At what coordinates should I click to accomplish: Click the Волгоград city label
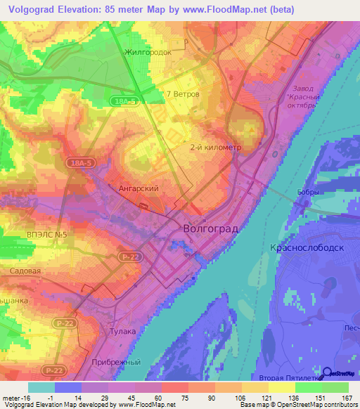click(210, 228)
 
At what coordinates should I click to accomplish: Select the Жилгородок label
click(148, 52)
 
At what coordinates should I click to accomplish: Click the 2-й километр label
click(216, 148)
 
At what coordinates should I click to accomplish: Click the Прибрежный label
click(114, 362)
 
